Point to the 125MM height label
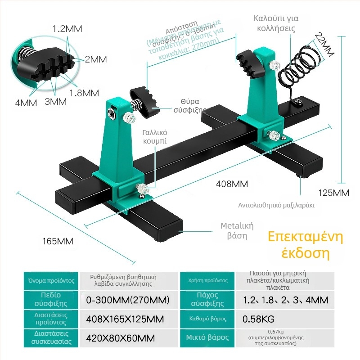(333, 193)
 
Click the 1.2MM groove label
(67, 29)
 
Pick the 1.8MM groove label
(84, 93)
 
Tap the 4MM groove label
(26, 103)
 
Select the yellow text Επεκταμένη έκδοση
(299, 245)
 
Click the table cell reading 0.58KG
(258, 319)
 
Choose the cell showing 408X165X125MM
(125, 319)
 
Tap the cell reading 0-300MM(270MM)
(127, 300)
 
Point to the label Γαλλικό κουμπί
(155, 136)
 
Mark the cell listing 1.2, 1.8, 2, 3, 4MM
(285, 300)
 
